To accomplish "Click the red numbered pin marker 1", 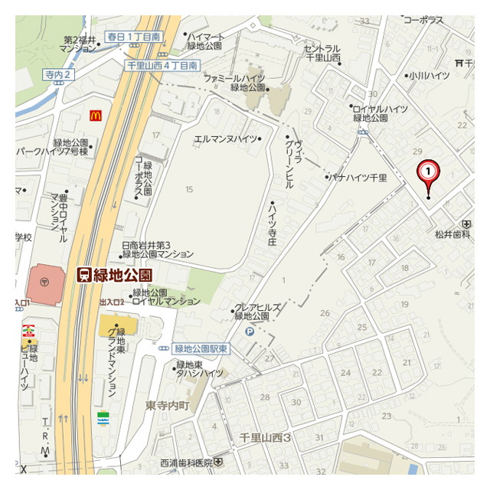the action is (x=428, y=172).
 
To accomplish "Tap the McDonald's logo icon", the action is (x=95, y=116).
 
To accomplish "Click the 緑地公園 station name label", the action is (x=122, y=276).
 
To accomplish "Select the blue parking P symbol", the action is (x=250, y=331).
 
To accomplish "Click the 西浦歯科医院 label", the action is (x=187, y=462).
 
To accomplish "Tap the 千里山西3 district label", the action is (x=266, y=437).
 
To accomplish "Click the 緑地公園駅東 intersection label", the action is (x=200, y=348).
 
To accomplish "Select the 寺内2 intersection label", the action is (x=58, y=74).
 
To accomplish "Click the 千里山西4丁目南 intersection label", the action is (x=162, y=66).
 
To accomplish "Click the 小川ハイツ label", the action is (x=429, y=76).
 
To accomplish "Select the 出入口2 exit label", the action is (x=111, y=303).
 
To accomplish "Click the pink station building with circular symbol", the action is (x=47, y=283).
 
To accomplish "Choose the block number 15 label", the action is (x=188, y=188).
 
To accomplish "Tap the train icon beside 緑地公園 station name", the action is (x=84, y=276).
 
